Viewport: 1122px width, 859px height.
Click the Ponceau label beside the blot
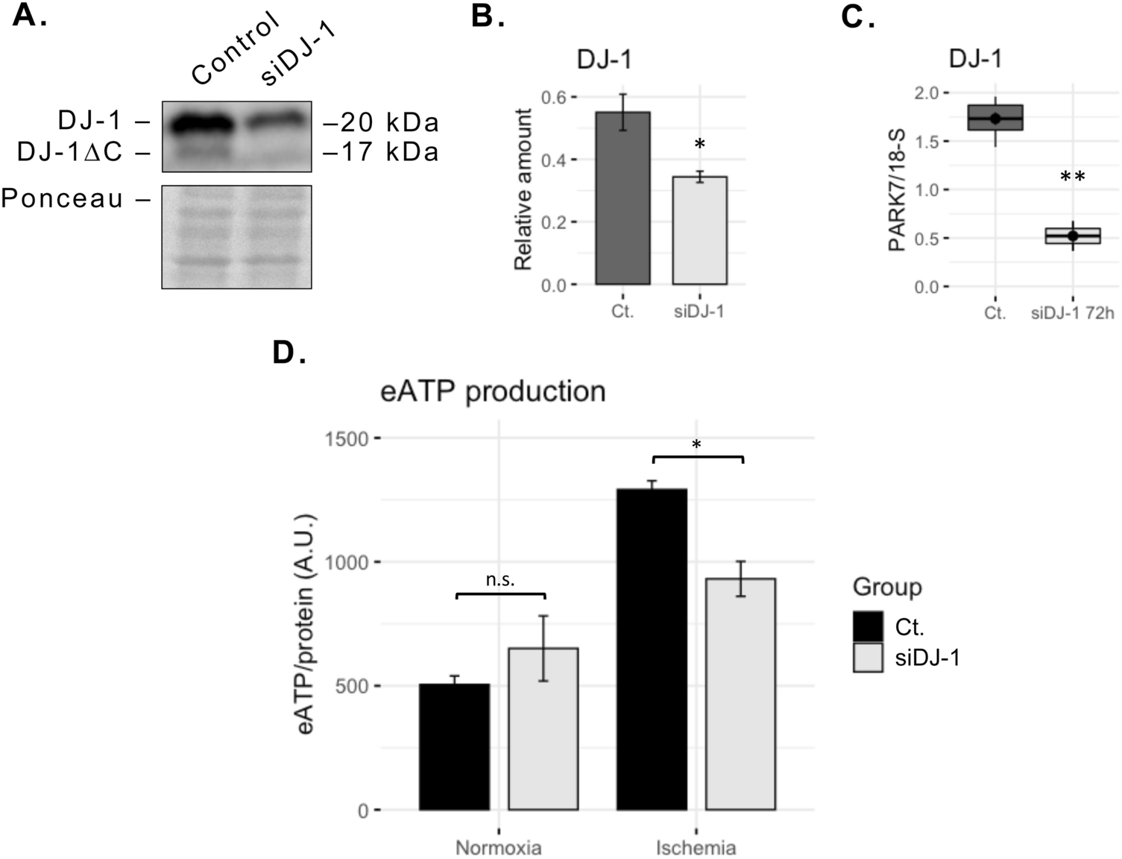[x=63, y=198]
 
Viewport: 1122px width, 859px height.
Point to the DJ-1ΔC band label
[x=70, y=152]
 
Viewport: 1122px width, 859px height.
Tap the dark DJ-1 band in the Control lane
[x=199, y=124]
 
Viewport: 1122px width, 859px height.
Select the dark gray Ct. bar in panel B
[x=623, y=198]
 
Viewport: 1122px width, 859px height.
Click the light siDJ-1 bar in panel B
[x=699, y=230]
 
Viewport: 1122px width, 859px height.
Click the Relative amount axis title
[x=523, y=189]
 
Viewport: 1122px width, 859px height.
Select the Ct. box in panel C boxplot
[x=995, y=118]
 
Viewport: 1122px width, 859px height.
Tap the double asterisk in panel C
[x=1072, y=177]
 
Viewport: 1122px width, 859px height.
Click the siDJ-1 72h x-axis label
[x=1072, y=313]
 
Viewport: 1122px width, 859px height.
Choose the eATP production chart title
[x=493, y=391]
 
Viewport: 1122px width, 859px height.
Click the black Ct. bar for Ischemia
[x=652, y=649]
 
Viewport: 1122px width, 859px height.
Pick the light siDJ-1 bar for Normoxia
[x=543, y=729]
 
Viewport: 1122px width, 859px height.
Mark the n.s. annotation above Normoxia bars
[x=500, y=579]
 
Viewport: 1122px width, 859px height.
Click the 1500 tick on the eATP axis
[x=347, y=438]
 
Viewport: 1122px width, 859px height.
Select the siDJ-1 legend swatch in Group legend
[x=869, y=658]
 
